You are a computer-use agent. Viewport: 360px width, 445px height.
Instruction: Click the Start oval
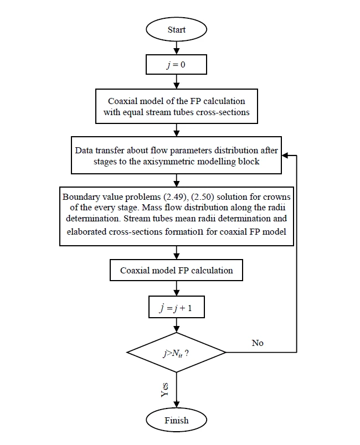click(177, 30)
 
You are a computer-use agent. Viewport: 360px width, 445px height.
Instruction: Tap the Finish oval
click(177, 420)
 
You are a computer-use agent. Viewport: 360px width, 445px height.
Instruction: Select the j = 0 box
click(177, 65)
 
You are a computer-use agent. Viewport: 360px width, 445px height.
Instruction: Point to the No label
click(258, 343)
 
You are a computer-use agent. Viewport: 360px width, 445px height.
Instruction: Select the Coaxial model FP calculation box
click(177, 271)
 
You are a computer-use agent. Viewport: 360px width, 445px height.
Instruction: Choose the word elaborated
click(86, 232)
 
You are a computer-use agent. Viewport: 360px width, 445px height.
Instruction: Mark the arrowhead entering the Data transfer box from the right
click(284, 156)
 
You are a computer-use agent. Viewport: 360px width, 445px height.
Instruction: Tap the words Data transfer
click(101, 151)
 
